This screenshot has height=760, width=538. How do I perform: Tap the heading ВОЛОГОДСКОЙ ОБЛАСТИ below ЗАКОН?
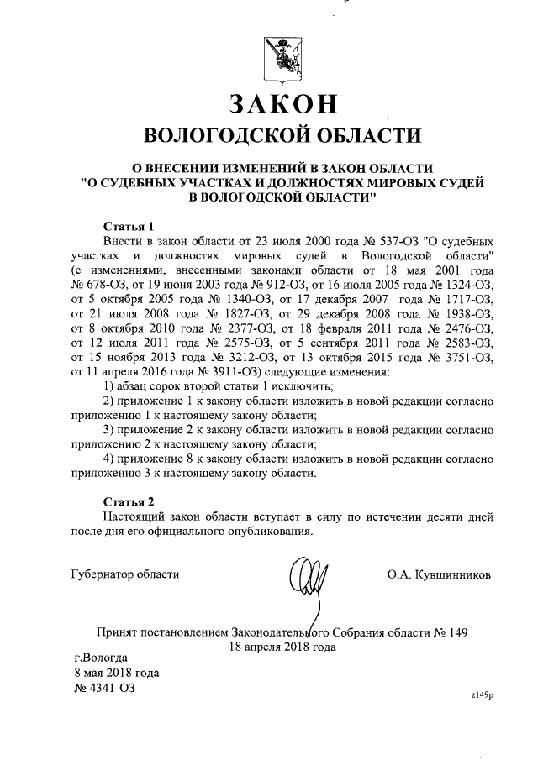click(282, 136)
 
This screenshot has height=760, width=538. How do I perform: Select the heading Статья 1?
click(128, 226)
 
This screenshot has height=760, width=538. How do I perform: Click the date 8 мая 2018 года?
click(116, 673)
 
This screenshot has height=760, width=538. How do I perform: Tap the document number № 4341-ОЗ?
click(105, 688)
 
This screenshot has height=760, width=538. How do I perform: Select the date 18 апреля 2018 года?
click(282, 647)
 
